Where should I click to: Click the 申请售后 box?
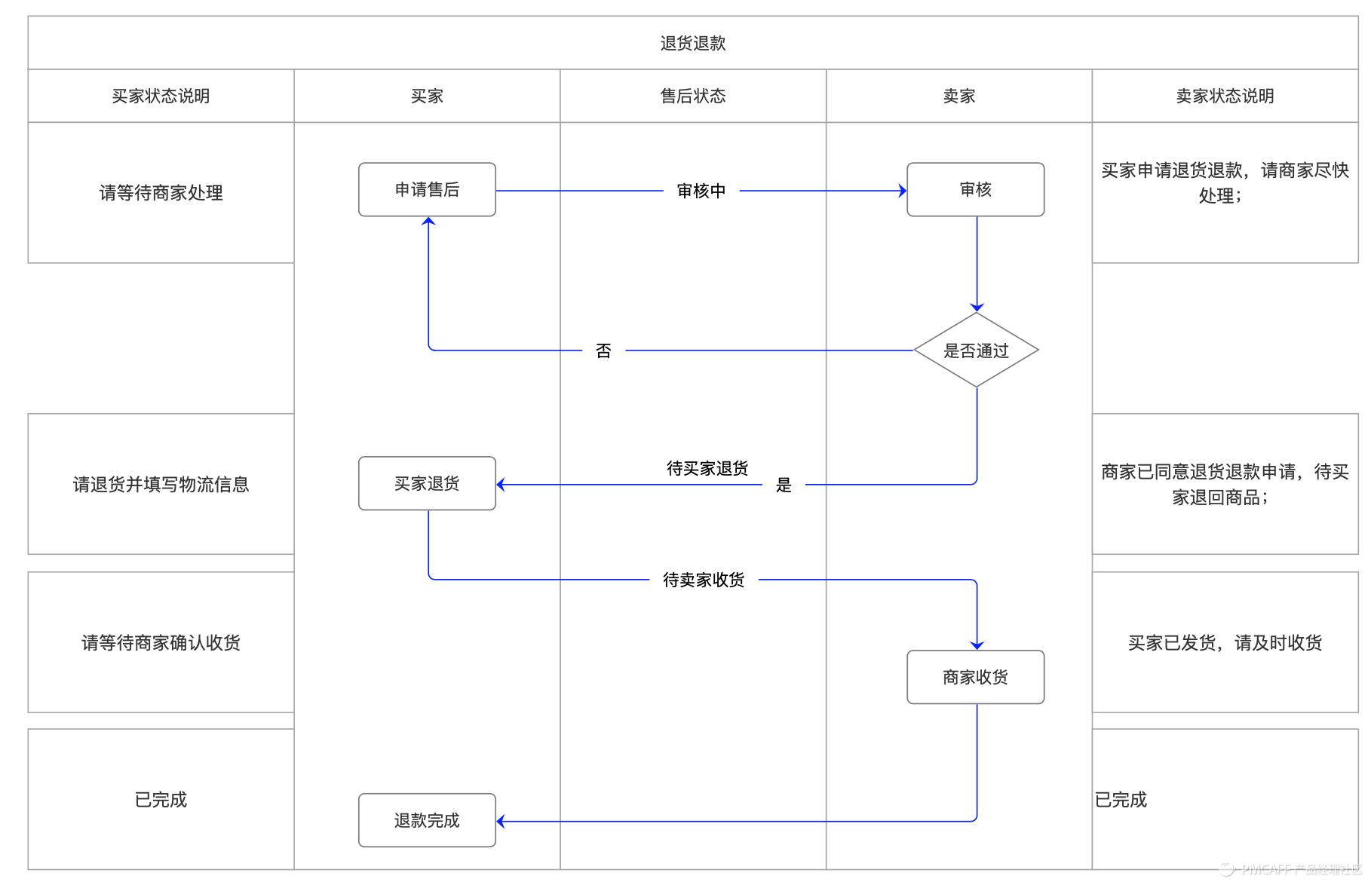(427, 190)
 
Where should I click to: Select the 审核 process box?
(975, 190)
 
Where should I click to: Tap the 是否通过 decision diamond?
(976, 351)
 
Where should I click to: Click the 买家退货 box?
(427, 483)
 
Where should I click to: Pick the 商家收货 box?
(975, 677)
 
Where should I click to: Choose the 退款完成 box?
(427, 820)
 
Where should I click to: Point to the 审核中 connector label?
(701, 191)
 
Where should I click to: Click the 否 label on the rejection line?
(603, 351)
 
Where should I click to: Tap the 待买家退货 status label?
(707, 468)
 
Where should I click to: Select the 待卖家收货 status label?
(703, 580)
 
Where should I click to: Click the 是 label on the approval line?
(784, 485)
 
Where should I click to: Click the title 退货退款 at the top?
(692, 43)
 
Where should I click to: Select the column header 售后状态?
(692, 96)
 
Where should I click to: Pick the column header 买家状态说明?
(161, 96)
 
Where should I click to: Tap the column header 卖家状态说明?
(1225, 96)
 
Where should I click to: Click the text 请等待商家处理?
(161, 193)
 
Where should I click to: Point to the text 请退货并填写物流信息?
(161, 484)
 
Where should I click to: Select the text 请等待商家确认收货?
(161, 642)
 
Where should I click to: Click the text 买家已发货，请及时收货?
(1225, 642)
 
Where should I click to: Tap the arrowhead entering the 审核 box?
(903, 191)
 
